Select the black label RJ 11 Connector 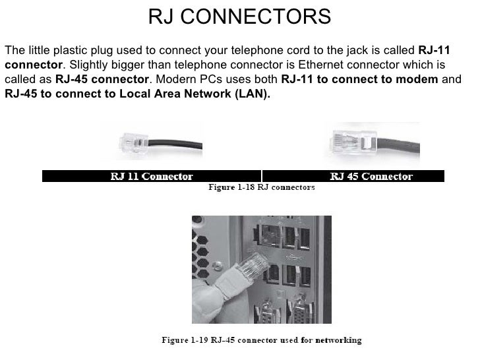(x=151, y=176)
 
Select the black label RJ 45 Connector (x=371, y=176)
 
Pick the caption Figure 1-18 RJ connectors (x=261, y=187)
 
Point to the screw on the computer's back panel (x=268, y=309)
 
